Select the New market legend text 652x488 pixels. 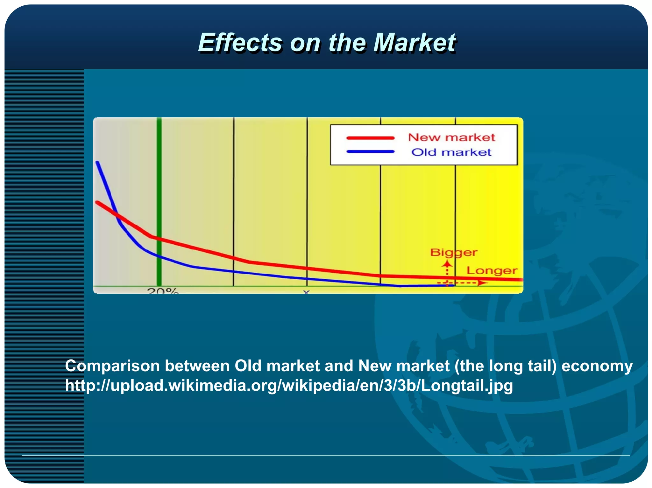coord(451,137)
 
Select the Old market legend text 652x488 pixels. coord(451,152)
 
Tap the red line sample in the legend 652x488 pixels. coord(370,138)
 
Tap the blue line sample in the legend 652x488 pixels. coord(370,152)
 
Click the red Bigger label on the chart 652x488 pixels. coord(453,253)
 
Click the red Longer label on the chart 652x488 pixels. coord(492,271)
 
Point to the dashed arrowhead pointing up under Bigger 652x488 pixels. coord(447,264)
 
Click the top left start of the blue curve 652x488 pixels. coord(97,163)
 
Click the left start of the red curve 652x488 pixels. coord(97,202)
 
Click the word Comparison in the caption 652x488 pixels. coord(112,366)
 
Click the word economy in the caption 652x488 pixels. coord(597,366)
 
